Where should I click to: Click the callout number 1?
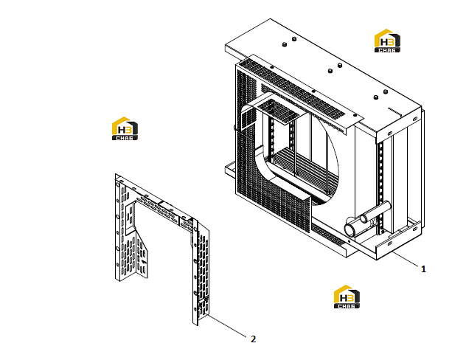pyautogui.click(x=423, y=269)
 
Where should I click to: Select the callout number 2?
pyautogui.click(x=253, y=339)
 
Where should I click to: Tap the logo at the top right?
pyautogui.click(x=387, y=41)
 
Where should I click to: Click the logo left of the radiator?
pyautogui.click(x=125, y=128)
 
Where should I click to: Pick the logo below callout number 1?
pyautogui.click(x=347, y=297)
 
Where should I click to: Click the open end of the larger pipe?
pyautogui.click(x=349, y=230)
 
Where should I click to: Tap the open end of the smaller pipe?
pyautogui.click(x=364, y=219)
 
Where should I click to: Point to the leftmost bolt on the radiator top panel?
pyautogui.click(x=284, y=44)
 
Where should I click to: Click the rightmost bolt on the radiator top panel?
pyautogui.click(x=386, y=91)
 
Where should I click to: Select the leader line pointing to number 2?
pyautogui.click(x=226, y=325)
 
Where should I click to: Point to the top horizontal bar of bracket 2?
pyautogui.click(x=156, y=204)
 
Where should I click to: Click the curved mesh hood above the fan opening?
pyautogui.click(x=275, y=108)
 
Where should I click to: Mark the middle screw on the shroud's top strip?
pyautogui.click(x=313, y=91)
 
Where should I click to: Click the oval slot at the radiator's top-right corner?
pyautogui.click(x=415, y=119)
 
